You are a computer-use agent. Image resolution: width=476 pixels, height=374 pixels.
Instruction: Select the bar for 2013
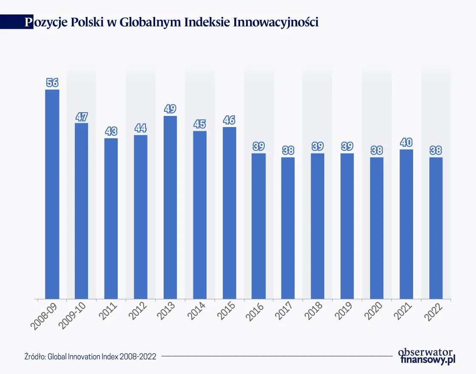(x=170, y=207)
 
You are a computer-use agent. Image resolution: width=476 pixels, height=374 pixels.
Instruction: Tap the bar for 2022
(x=436, y=228)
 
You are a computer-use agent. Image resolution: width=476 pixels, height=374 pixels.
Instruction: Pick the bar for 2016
(x=259, y=226)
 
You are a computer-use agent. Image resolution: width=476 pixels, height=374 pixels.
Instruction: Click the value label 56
(x=52, y=82)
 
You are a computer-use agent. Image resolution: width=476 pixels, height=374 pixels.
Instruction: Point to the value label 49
(x=170, y=109)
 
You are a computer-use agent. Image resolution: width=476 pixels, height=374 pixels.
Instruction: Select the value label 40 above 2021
(x=406, y=142)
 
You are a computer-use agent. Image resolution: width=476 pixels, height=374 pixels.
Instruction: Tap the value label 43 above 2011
(x=111, y=131)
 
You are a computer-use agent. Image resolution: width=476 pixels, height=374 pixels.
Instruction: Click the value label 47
(x=82, y=116)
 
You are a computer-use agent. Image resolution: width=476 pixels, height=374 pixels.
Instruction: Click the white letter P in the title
(x=28, y=23)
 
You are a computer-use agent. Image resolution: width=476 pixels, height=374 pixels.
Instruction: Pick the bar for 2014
(x=200, y=215)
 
